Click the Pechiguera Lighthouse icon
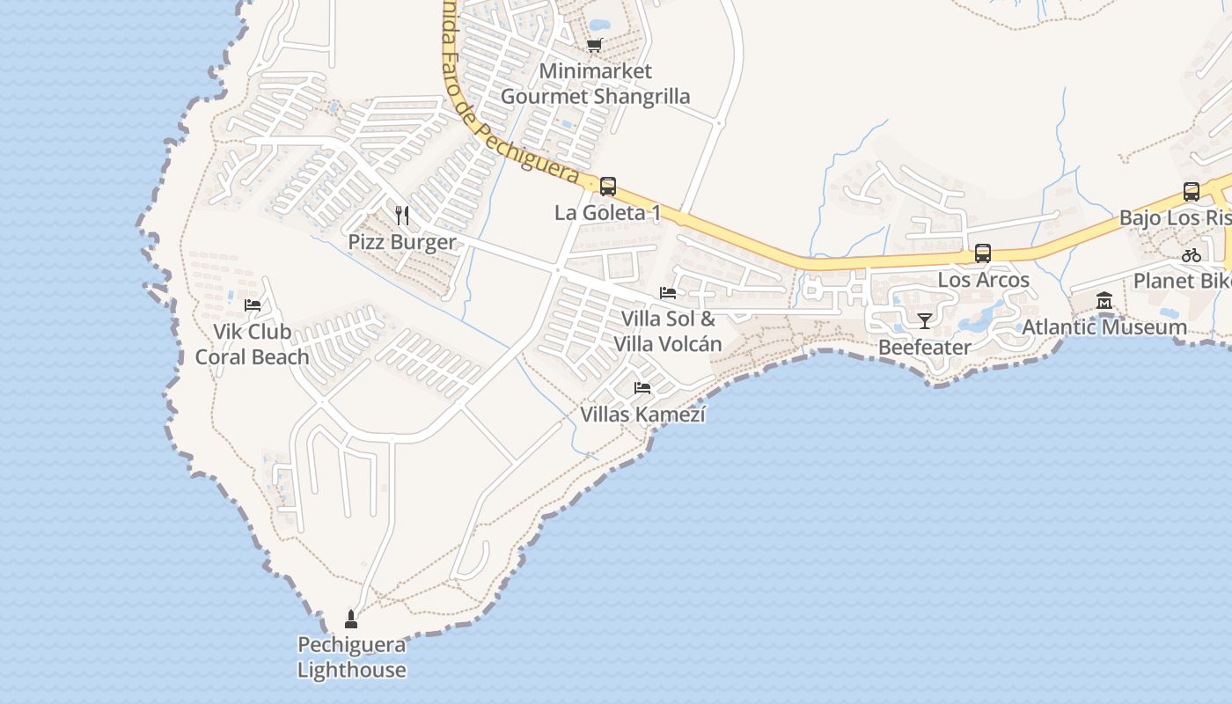351,620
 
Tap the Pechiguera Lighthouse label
351,657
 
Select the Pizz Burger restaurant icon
402,215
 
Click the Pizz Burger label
402,242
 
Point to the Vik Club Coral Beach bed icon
253,305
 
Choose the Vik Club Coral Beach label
253,344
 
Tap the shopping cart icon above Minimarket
595,45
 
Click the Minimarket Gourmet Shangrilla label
595,84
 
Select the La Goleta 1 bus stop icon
607,186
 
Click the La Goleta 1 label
607,213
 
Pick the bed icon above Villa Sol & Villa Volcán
668,292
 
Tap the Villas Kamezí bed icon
642,387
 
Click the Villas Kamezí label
642,414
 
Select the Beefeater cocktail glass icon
924,320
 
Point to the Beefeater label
924,348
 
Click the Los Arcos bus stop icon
983,253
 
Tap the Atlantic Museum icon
1104,301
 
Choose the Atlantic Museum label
1104,327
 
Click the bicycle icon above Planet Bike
1192,255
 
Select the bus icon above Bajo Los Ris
1192,191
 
